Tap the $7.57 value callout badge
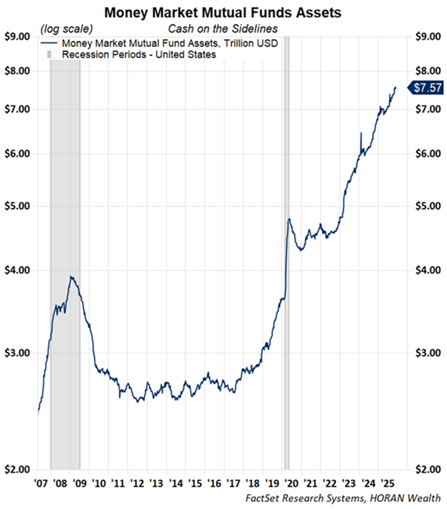(428, 87)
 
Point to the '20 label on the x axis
(292, 482)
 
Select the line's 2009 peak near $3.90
(71, 276)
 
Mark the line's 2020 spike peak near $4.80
(289, 219)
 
